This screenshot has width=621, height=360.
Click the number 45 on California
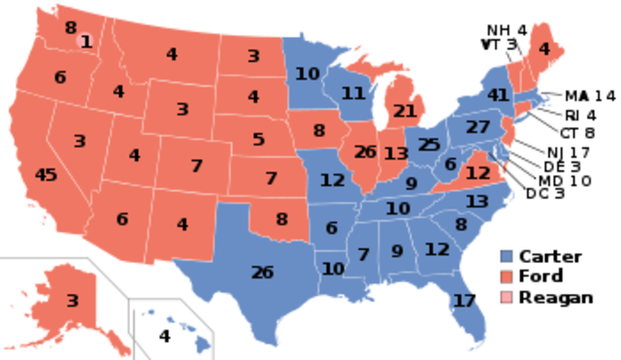(x=46, y=175)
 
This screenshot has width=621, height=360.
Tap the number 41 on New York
(x=499, y=95)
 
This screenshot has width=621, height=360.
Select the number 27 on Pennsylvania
(x=477, y=127)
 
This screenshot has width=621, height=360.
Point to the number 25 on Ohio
(x=429, y=145)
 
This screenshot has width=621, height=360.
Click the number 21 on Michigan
(x=405, y=111)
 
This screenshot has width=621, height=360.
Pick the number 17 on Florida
(x=465, y=300)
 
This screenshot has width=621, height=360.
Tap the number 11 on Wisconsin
(x=352, y=93)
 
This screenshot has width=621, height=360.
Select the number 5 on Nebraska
(x=258, y=139)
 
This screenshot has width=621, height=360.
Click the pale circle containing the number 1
(x=86, y=41)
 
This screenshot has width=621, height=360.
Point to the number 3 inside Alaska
(x=72, y=301)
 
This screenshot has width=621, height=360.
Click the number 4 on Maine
(x=543, y=49)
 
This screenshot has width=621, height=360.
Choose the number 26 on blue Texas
(x=262, y=272)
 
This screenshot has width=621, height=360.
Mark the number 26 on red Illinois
(x=366, y=151)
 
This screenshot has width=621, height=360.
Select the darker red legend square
(x=507, y=277)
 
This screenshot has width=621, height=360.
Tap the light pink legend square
(x=507, y=295)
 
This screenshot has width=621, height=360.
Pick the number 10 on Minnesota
(x=308, y=73)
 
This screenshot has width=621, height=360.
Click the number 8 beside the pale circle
(x=71, y=28)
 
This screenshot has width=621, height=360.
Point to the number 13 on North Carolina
(x=476, y=201)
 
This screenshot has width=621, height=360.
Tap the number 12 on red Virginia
(x=477, y=173)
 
